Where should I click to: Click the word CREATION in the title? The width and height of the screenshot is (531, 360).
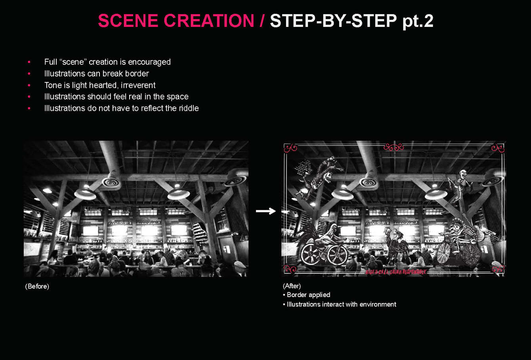[209, 21]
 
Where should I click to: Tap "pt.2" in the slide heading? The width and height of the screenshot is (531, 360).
[418, 21]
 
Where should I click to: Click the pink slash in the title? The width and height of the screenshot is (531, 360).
[262, 21]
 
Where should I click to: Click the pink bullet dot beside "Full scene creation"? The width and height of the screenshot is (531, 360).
[29, 62]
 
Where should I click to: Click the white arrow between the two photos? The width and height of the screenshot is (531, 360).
[265, 211]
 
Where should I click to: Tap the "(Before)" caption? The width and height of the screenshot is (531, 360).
[37, 286]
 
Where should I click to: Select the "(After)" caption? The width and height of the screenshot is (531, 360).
[292, 286]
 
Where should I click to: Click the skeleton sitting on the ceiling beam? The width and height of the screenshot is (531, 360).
[461, 182]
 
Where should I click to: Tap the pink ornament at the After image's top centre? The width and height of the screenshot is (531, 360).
[393, 148]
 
